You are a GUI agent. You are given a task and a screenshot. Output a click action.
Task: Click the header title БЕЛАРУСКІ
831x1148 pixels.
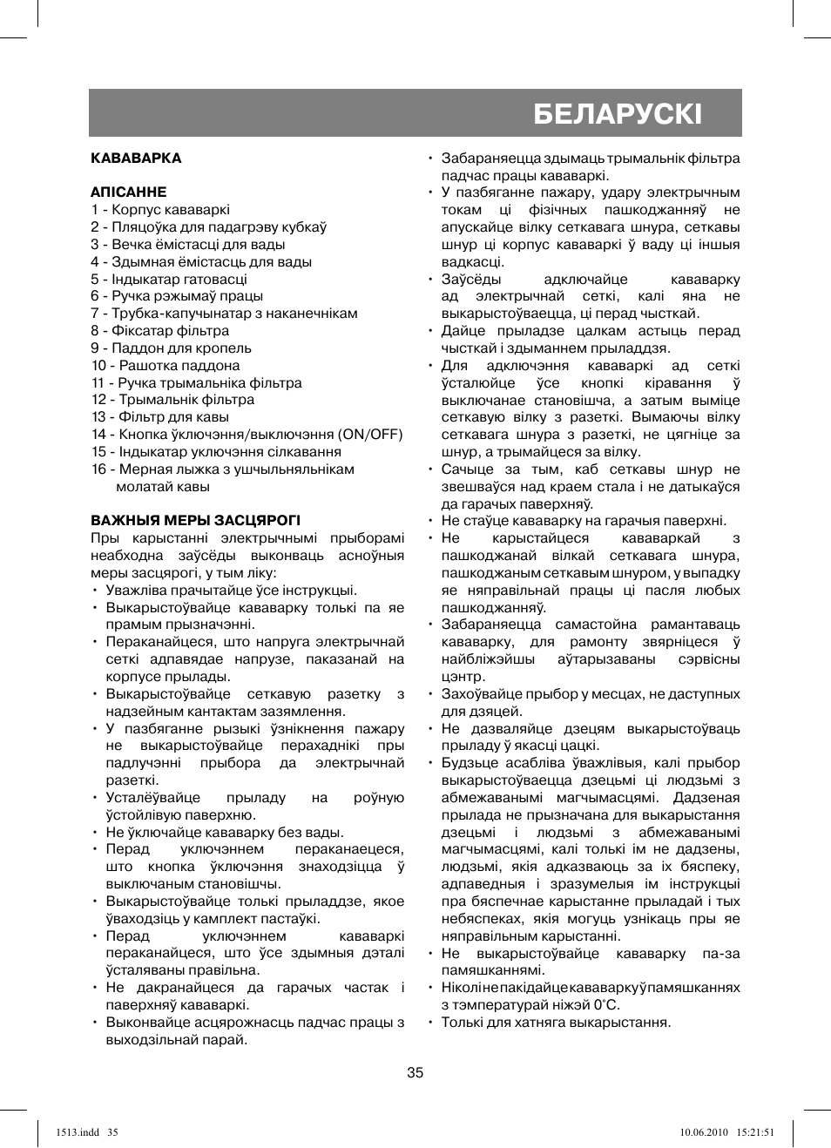click(617, 114)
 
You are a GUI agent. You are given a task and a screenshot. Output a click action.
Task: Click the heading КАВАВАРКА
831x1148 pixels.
click(136, 159)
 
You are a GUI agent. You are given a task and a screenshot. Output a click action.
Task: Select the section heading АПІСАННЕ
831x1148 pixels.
click(128, 192)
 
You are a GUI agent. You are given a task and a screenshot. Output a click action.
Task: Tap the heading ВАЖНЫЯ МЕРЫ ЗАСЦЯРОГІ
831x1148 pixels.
click(195, 521)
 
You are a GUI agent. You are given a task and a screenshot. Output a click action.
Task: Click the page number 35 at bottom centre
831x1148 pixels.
click(415, 1072)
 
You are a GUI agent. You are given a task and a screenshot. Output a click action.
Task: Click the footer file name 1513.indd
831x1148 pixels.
click(77, 1132)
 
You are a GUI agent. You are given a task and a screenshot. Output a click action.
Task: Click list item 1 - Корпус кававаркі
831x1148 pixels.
click(160, 210)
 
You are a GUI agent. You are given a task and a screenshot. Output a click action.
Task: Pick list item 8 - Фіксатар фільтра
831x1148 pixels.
click(159, 331)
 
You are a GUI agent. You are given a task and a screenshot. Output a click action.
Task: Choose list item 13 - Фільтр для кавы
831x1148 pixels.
click(160, 417)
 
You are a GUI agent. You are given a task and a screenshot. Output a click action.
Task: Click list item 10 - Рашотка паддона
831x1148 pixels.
click(166, 366)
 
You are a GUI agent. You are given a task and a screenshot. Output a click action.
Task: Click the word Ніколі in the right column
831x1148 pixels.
click(459, 988)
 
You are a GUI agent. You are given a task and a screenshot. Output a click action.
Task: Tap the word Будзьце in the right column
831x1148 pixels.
click(467, 763)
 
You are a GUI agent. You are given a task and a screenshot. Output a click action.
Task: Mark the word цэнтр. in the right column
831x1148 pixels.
click(463, 677)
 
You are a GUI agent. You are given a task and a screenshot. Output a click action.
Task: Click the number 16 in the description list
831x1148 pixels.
click(98, 469)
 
